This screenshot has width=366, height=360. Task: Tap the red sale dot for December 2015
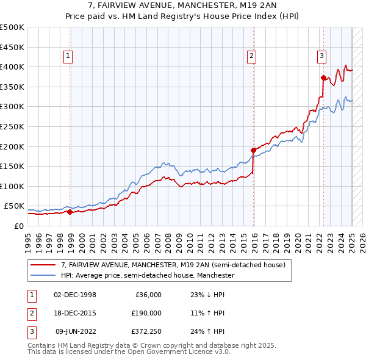(x=253, y=149)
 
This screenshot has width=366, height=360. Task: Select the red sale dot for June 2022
(x=323, y=77)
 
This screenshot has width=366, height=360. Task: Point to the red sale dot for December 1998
(x=70, y=212)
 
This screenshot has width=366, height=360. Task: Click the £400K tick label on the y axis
(x=12, y=67)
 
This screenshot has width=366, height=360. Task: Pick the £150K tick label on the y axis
(x=12, y=166)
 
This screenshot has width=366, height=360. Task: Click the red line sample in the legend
(x=43, y=265)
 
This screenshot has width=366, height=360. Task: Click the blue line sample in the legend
(x=43, y=275)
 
